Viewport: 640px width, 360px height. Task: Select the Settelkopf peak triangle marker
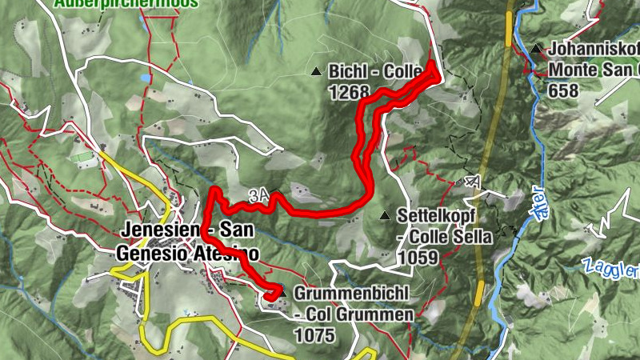tap(386, 216)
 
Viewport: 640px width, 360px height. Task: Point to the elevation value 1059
tap(417, 258)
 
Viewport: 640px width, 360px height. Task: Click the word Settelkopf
tap(433, 216)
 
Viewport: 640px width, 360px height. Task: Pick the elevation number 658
tap(563, 90)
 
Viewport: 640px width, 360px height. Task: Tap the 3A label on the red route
tap(258, 194)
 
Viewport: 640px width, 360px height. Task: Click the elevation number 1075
tap(314, 334)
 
